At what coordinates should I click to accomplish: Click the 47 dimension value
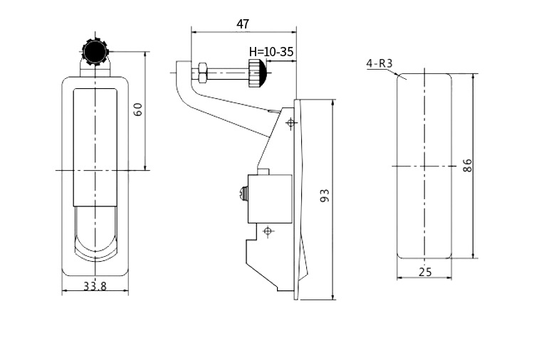243,24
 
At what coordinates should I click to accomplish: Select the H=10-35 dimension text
271,52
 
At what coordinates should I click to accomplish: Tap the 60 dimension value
138,110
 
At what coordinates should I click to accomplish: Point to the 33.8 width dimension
95,286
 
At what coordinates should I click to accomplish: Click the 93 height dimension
325,196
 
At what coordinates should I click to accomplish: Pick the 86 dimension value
468,165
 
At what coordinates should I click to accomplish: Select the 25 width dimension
425,272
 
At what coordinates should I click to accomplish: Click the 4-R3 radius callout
379,63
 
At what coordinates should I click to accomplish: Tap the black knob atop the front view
95,52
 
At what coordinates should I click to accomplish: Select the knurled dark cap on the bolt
257,73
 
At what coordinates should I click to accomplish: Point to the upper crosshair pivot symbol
290,123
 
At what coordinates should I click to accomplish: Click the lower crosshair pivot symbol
268,231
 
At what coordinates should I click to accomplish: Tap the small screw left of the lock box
244,195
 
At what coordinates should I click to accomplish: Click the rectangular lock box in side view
270,199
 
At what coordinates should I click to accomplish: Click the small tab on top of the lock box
263,171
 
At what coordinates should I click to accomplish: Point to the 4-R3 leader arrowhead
397,73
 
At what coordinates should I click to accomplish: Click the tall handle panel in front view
95,147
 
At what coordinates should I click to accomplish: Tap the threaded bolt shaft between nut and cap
228,73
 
